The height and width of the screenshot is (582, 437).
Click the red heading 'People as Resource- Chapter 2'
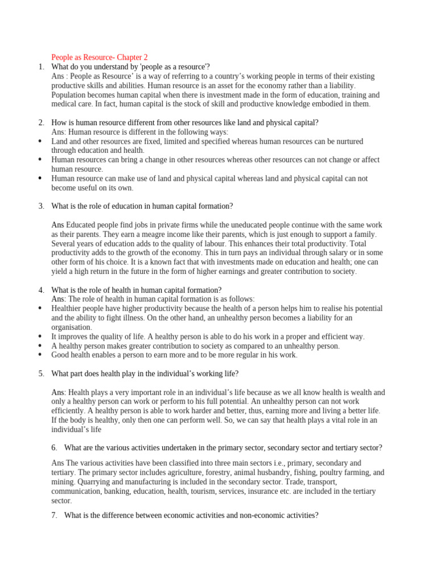(x=100, y=57)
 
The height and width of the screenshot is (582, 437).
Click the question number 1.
(x=41, y=67)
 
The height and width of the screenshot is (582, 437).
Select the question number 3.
(x=41, y=206)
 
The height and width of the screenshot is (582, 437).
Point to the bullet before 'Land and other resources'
(x=39, y=141)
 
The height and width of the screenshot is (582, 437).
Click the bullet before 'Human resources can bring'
(x=39, y=160)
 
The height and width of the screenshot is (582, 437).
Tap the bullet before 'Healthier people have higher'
(x=39, y=308)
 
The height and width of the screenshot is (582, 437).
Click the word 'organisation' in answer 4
(x=71, y=327)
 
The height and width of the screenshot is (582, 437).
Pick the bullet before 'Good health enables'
(x=39, y=355)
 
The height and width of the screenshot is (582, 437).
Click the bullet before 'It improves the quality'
(x=39, y=336)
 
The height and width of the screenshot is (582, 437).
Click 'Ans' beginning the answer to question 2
(x=58, y=132)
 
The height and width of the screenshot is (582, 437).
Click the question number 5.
(x=41, y=373)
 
